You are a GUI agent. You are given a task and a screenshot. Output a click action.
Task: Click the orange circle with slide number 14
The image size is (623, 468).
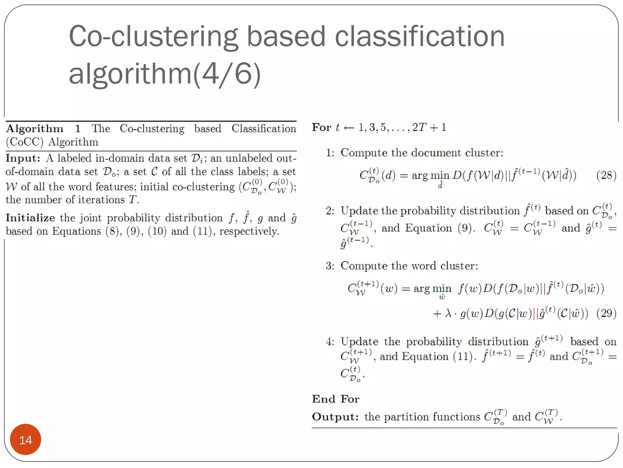point(26,440)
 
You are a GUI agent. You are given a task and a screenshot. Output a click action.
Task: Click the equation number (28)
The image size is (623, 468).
point(606,175)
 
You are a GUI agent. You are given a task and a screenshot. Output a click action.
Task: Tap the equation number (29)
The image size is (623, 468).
point(606,313)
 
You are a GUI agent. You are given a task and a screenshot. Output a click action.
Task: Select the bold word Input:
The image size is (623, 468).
point(23,158)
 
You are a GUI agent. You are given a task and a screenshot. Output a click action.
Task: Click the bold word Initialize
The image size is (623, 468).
point(30,218)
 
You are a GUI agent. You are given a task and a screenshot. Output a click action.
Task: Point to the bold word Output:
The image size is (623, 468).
point(335,417)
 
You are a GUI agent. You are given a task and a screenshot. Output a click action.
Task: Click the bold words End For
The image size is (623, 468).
point(336,399)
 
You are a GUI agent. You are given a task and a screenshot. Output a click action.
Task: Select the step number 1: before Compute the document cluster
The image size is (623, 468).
point(330,153)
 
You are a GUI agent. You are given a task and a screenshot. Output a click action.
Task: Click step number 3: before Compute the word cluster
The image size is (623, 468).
point(330,266)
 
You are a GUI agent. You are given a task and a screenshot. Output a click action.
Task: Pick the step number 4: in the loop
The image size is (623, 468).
point(330,342)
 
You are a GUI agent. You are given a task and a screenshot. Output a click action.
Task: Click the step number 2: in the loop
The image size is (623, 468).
point(330,211)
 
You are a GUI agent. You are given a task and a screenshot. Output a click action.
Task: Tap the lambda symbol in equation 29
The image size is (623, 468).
point(448,313)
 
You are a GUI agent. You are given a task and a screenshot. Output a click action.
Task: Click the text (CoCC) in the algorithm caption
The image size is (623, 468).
point(25,142)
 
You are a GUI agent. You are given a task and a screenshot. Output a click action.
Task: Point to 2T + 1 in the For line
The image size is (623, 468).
point(429,127)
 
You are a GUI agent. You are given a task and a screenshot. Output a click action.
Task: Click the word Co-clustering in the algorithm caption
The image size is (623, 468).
point(152,129)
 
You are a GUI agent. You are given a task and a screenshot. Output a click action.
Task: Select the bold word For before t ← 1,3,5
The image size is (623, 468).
point(321,127)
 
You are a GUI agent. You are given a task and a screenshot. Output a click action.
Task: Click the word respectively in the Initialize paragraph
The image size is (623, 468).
point(249,231)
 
